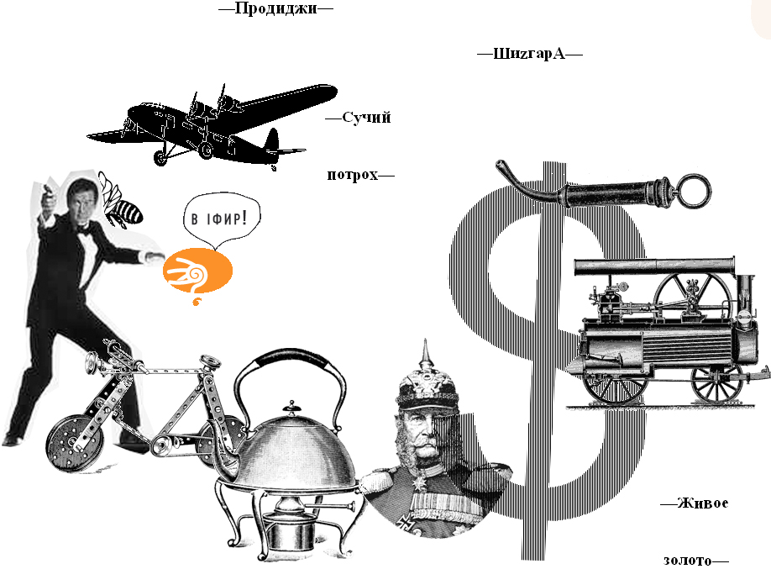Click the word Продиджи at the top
[x=275, y=8]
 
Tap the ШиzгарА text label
[x=530, y=54]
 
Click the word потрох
[x=352, y=176]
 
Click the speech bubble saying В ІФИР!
[x=220, y=221]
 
